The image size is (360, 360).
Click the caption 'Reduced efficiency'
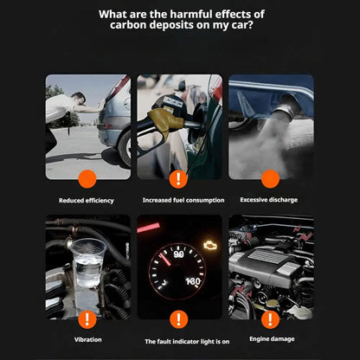(87, 200)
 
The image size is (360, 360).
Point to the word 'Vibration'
(87, 340)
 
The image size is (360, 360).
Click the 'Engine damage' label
(271, 340)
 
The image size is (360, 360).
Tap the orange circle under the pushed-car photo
(87, 179)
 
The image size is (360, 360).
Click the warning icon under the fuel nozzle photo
(179, 179)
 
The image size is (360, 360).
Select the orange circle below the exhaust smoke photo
(271, 179)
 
